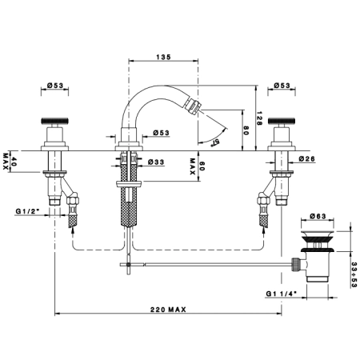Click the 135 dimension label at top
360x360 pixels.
click(163, 57)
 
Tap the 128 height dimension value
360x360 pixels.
click(259, 118)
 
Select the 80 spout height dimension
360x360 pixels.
click(246, 130)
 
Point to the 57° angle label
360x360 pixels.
click(215, 142)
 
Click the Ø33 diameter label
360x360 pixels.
click(156, 162)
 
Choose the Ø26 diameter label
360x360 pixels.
click(306, 158)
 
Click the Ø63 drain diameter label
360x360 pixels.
click(318, 216)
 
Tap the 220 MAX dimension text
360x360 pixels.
click(168, 310)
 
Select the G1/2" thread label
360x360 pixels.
click(27, 211)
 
